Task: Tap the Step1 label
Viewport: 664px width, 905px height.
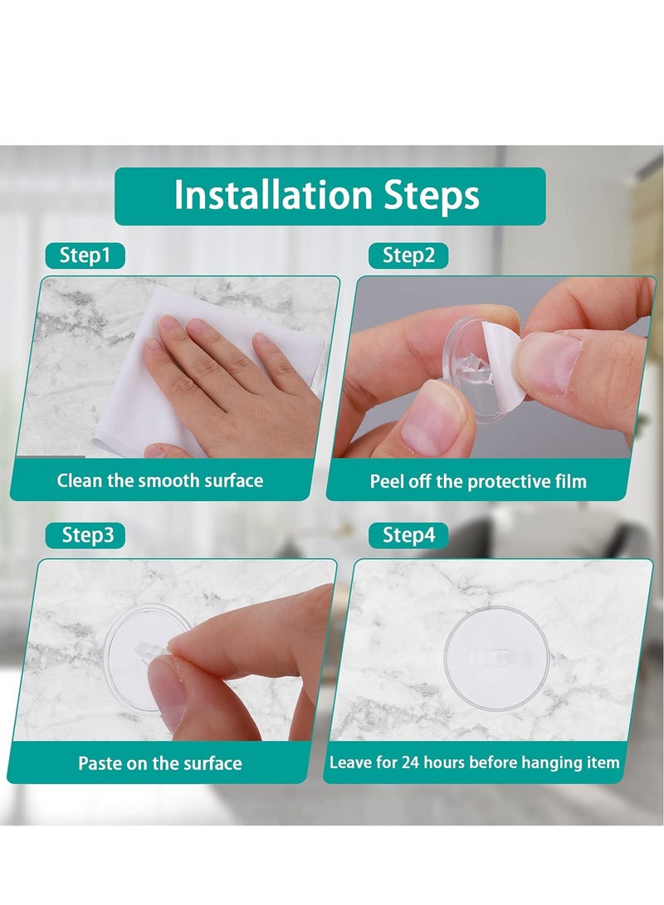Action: [x=85, y=255]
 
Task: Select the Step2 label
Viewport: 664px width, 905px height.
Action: [x=408, y=255]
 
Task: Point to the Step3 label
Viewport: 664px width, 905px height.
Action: [x=87, y=536]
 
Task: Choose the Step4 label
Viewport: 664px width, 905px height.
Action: [x=408, y=536]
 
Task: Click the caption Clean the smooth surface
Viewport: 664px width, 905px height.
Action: [x=159, y=480]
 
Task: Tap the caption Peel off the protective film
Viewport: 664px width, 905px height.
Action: [x=478, y=481]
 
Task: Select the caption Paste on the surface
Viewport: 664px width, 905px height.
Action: [x=159, y=763]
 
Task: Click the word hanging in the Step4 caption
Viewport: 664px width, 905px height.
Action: [x=543, y=762]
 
